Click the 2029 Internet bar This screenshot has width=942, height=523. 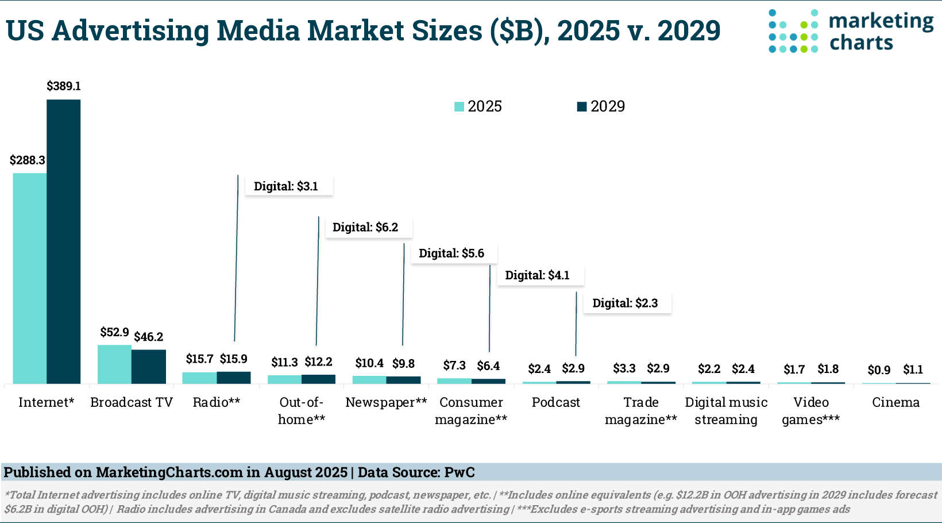click(63, 241)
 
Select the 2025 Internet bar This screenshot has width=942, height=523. click(29, 278)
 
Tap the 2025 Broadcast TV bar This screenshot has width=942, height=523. click(114, 364)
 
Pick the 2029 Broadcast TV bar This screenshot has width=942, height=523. click(149, 367)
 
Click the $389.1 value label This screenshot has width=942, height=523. click(64, 86)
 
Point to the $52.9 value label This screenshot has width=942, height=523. click(114, 332)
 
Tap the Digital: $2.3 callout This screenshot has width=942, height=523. click(627, 303)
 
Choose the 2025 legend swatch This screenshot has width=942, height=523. click(459, 106)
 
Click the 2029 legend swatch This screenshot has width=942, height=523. click(582, 106)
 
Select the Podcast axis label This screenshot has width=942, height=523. click(555, 402)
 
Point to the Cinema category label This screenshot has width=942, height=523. click(895, 402)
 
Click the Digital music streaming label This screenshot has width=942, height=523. click(726, 410)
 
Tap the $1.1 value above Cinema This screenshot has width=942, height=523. click(913, 370)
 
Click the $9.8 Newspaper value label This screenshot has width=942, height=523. click(403, 363)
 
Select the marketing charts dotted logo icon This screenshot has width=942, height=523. click(793, 32)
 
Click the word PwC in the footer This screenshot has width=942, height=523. click(460, 472)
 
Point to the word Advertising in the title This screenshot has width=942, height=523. click(130, 31)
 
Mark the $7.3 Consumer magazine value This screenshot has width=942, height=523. click(454, 366)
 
